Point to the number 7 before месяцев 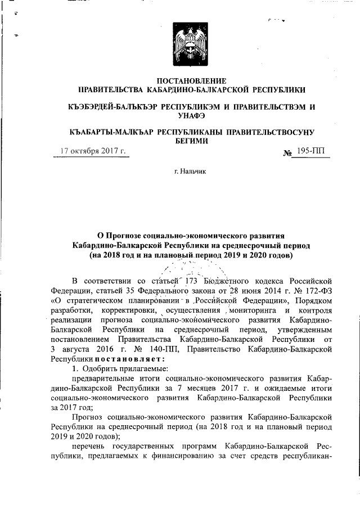pyautogui.click(x=234, y=389)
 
